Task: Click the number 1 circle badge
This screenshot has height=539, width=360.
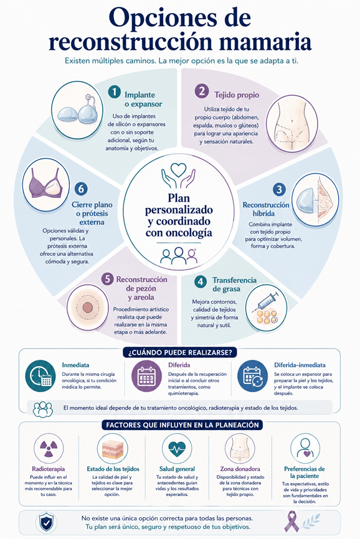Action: pyautogui.click(x=114, y=92)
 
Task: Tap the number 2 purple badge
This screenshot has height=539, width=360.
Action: pyautogui.click(x=202, y=91)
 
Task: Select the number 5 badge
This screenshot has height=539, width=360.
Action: pyautogui.click(x=107, y=279)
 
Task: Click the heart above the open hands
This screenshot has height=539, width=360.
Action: pyautogui.click(x=179, y=169)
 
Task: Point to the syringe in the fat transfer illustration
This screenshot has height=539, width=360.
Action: pyautogui.click(x=265, y=302)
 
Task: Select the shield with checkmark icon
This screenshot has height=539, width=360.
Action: pyautogui.click(x=46, y=522)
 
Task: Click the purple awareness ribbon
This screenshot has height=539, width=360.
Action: pyautogui.click(x=292, y=521)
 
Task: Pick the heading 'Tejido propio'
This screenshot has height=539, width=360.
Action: pyautogui.click(x=237, y=95)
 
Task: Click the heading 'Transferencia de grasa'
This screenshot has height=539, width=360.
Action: pyautogui.click(x=234, y=284)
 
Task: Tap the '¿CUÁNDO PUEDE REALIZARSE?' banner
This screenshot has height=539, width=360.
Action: pyautogui.click(x=180, y=353)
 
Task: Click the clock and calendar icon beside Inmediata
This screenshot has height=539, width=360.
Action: pyautogui.click(x=40, y=376)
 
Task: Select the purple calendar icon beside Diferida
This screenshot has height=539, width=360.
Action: pyautogui.click(x=146, y=376)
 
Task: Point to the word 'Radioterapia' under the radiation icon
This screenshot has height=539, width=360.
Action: pyautogui.click(x=48, y=469)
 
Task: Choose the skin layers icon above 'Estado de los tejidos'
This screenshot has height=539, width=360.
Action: pyautogui.click(x=113, y=449)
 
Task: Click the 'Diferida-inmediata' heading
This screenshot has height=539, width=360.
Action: pyautogui.click(x=300, y=365)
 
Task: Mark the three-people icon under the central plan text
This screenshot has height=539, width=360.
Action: pyautogui.click(x=179, y=255)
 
